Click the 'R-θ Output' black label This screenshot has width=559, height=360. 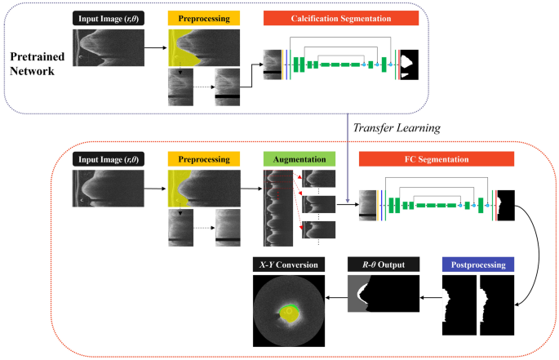tap(384, 264)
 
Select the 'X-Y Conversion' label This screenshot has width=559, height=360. tap(287, 264)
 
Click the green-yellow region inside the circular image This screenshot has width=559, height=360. tap(288, 310)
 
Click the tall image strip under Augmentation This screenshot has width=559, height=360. tap(277, 207)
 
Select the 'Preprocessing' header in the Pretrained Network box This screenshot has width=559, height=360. tap(203, 17)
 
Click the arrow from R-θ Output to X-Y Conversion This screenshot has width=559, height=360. tap(333, 298)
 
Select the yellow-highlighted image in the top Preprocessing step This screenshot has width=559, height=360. tap(203, 47)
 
